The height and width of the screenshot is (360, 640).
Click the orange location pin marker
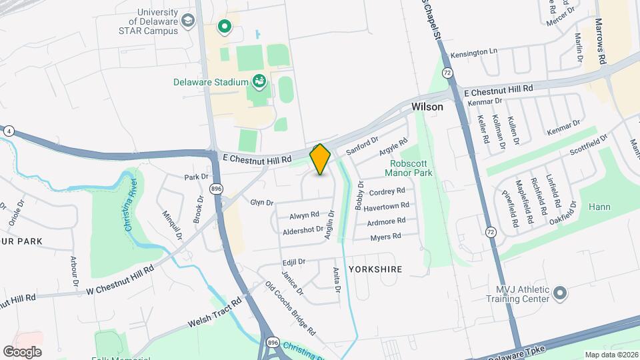[321, 159]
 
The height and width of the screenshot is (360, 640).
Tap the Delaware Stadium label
[210, 83]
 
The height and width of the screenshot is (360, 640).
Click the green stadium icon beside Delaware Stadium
[259, 82]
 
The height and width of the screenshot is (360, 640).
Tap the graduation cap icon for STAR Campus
[189, 21]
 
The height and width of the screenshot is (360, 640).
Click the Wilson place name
[427, 107]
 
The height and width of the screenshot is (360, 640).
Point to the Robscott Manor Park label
[408, 168]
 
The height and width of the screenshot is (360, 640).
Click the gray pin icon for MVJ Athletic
[560, 293]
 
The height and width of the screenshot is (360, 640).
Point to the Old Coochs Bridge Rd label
[290, 308]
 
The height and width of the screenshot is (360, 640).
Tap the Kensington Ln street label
[474, 51]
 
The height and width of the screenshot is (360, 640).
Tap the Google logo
[22, 351]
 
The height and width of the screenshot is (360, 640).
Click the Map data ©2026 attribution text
[611, 355]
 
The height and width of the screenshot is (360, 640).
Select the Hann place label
[599, 207]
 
